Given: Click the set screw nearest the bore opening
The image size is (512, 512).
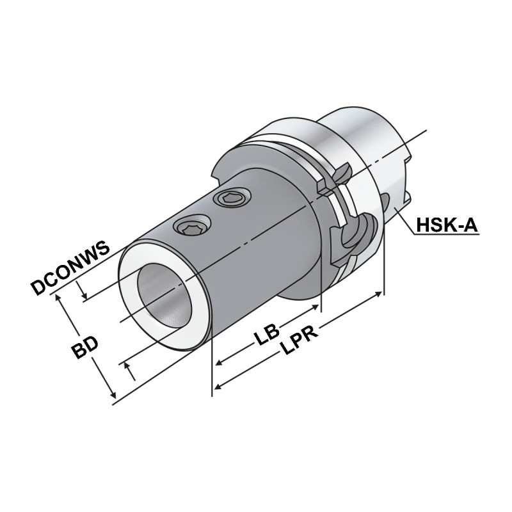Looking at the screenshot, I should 190,227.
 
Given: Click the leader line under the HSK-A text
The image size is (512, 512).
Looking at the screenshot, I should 448,235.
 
